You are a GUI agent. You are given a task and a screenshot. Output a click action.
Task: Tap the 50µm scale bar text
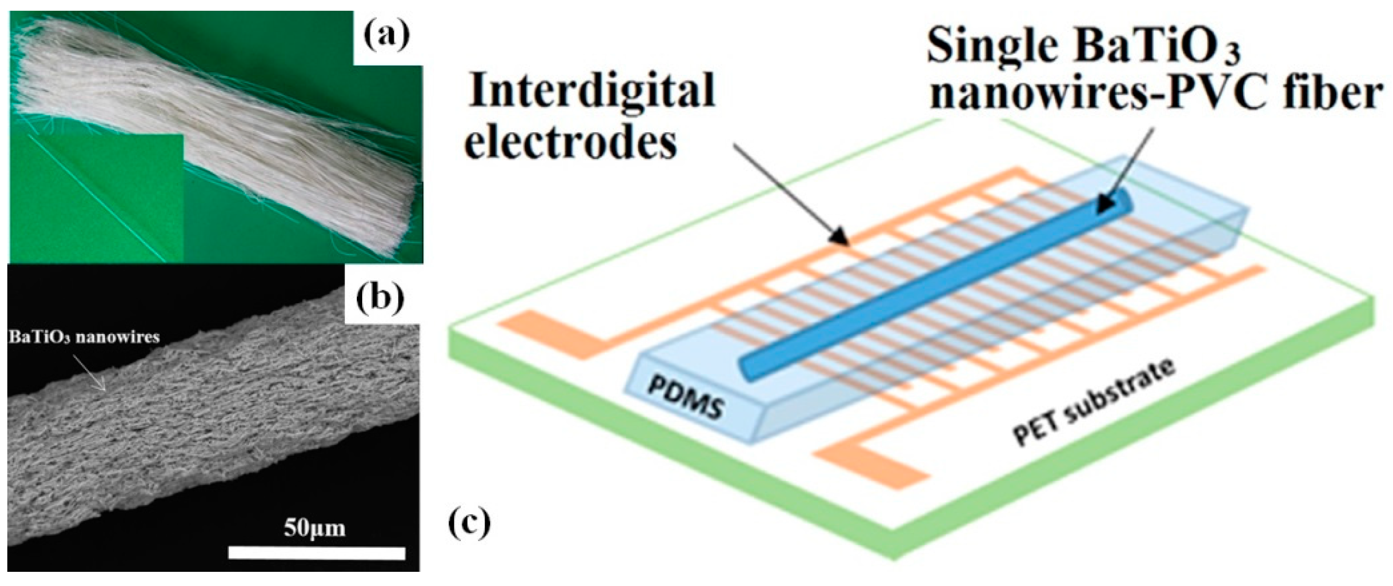(x=315, y=527)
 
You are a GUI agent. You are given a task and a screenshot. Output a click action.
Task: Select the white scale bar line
(x=316, y=552)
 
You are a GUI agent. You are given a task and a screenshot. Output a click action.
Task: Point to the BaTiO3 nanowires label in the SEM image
(x=84, y=337)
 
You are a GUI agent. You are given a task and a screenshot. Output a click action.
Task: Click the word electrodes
(x=571, y=142)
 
